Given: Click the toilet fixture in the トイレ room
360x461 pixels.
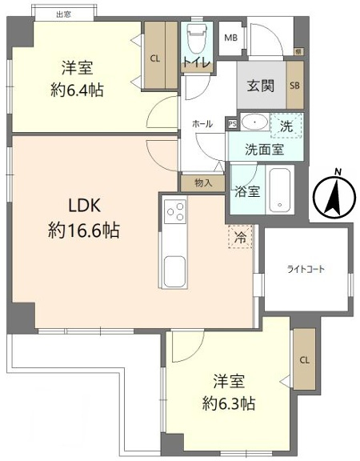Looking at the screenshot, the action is pyautogui.click(x=196, y=39).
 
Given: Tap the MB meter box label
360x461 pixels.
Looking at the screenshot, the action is pyautogui.click(x=231, y=38).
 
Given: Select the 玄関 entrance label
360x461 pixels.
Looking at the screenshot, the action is pyautogui.click(x=261, y=86).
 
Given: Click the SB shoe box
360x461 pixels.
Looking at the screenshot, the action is pyautogui.click(x=294, y=86).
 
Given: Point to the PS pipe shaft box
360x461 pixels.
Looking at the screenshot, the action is pyautogui.click(x=233, y=124).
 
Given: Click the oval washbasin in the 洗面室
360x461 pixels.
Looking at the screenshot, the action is pyautogui.click(x=254, y=122).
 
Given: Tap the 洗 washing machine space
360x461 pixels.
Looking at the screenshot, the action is pyautogui.click(x=286, y=126).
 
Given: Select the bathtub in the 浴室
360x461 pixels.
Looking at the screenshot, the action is pyautogui.click(x=280, y=190).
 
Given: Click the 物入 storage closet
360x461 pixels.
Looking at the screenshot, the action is pyautogui.click(x=203, y=183).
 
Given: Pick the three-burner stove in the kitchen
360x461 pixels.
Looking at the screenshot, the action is pyautogui.click(x=175, y=211).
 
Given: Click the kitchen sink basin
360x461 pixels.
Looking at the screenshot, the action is pyautogui.click(x=175, y=271).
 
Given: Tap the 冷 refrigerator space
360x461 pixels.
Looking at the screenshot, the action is pyautogui.click(x=240, y=237).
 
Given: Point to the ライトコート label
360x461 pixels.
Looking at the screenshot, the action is pyautogui.click(x=306, y=269).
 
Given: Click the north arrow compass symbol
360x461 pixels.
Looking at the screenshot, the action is pyautogui.click(x=334, y=195).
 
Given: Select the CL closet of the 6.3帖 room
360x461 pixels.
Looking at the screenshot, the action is pyautogui.click(x=305, y=359).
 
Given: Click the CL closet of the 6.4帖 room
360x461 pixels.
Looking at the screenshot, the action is pyautogui.click(x=161, y=55).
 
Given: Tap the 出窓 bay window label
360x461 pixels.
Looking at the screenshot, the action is pyautogui.click(x=63, y=14).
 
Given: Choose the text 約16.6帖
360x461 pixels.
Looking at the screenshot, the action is pyautogui.click(x=84, y=230).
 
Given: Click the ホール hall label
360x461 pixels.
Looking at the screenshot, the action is pyautogui.click(x=202, y=124).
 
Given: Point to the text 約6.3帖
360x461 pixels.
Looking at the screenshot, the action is pyautogui.click(x=229, y=403).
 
